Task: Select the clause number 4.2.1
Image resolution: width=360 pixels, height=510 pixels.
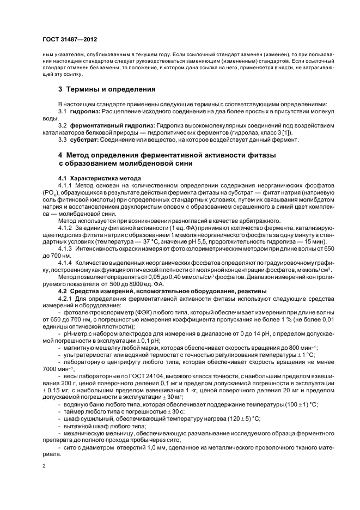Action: click(66, 299)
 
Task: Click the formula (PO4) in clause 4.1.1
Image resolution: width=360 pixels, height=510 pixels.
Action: click(52, 193)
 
